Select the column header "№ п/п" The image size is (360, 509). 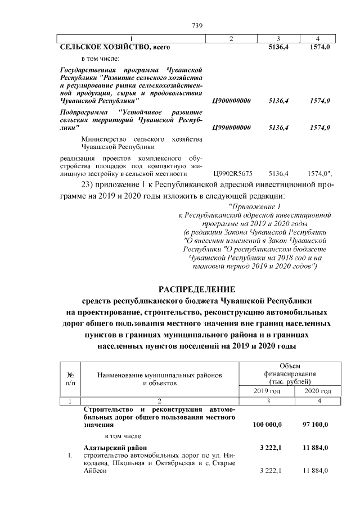[x=71, y=379]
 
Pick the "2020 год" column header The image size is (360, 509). [x=317, y=391]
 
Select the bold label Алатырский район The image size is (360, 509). [x=112, y=447]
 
